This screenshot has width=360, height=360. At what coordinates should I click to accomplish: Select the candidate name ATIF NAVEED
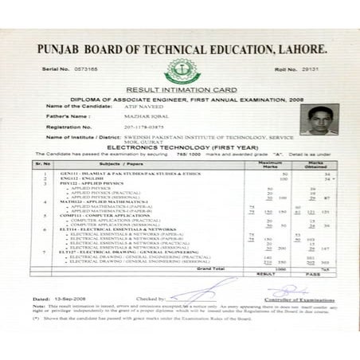(143, 105)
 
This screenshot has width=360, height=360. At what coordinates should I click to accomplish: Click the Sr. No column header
(42, 163)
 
